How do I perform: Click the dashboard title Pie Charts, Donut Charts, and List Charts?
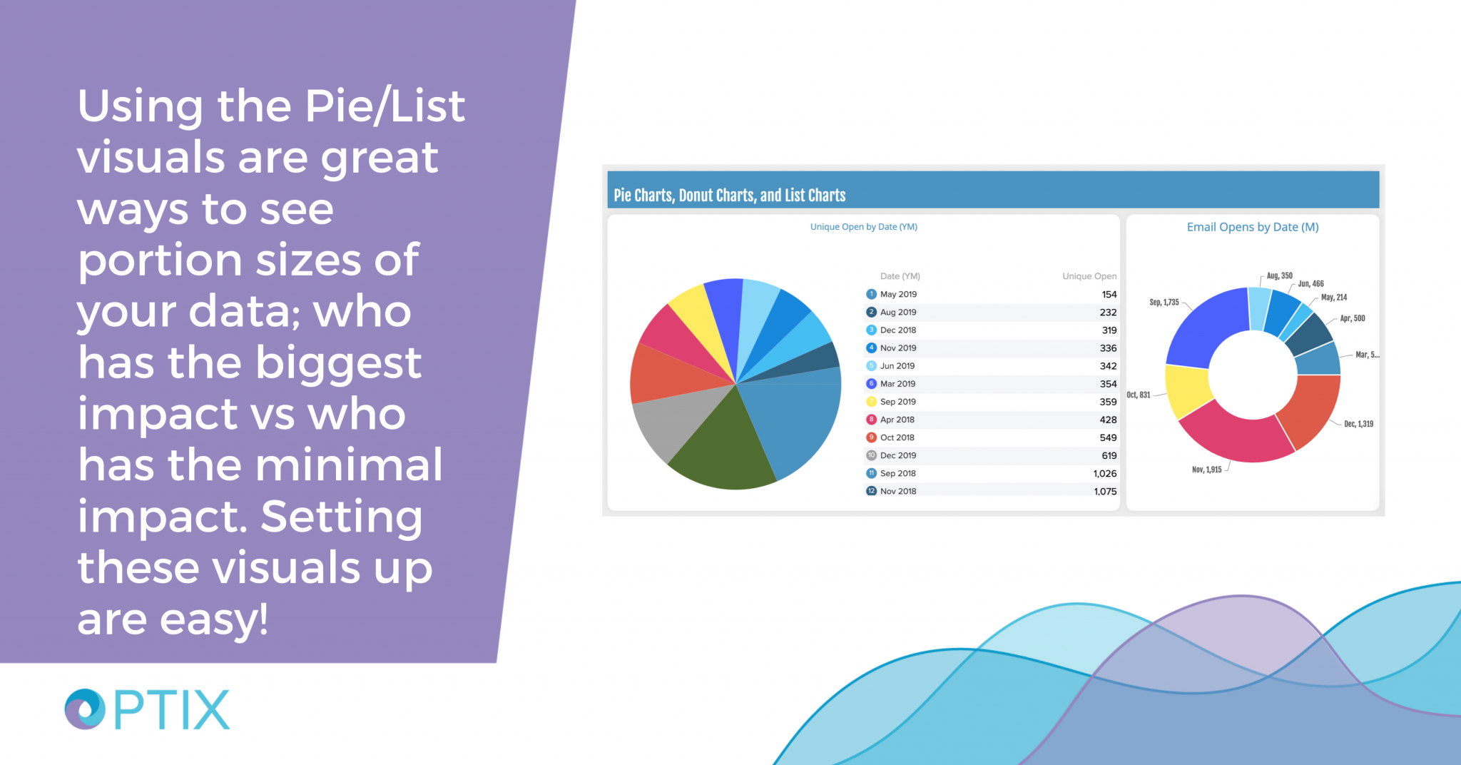(729, 196)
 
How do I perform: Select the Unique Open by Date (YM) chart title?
(863, 227)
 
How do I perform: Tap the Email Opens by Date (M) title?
(1252, 227)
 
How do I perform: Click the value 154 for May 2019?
(1109, 295)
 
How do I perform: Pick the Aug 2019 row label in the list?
(898, 313)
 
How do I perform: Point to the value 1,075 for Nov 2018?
(1105, 492)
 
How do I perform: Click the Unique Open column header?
(1089, 276)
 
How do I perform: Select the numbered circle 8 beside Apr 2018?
(871, 420)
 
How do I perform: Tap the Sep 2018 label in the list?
(897, 473)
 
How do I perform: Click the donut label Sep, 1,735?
(1164, 303)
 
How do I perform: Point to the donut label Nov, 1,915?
(1206, 470)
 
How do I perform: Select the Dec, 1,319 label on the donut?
(1358, 424)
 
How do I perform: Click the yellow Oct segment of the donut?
(1186, 390)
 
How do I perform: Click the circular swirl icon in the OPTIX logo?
(85, 709)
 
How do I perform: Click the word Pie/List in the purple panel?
(385, 106)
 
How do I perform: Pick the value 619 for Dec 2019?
(1109, 456)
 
